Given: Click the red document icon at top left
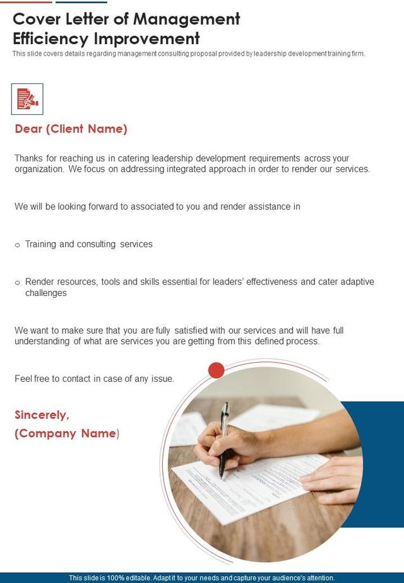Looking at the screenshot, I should point(27,98).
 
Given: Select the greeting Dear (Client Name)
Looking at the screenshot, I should point(71,129).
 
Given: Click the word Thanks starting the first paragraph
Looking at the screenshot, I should point(30,158).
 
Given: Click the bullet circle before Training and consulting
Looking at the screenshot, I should point(18,245).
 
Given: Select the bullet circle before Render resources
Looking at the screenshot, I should point(18,283).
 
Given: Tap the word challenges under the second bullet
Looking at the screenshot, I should point(46,293).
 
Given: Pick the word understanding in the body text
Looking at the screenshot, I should point(42,341).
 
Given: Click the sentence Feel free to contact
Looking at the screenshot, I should point(94,379).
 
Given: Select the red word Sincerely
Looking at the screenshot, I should point(42,415).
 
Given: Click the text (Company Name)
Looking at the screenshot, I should point(66,433).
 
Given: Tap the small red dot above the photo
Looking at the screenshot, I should point(217,370).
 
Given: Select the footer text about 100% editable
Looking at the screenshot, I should point(201,578).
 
